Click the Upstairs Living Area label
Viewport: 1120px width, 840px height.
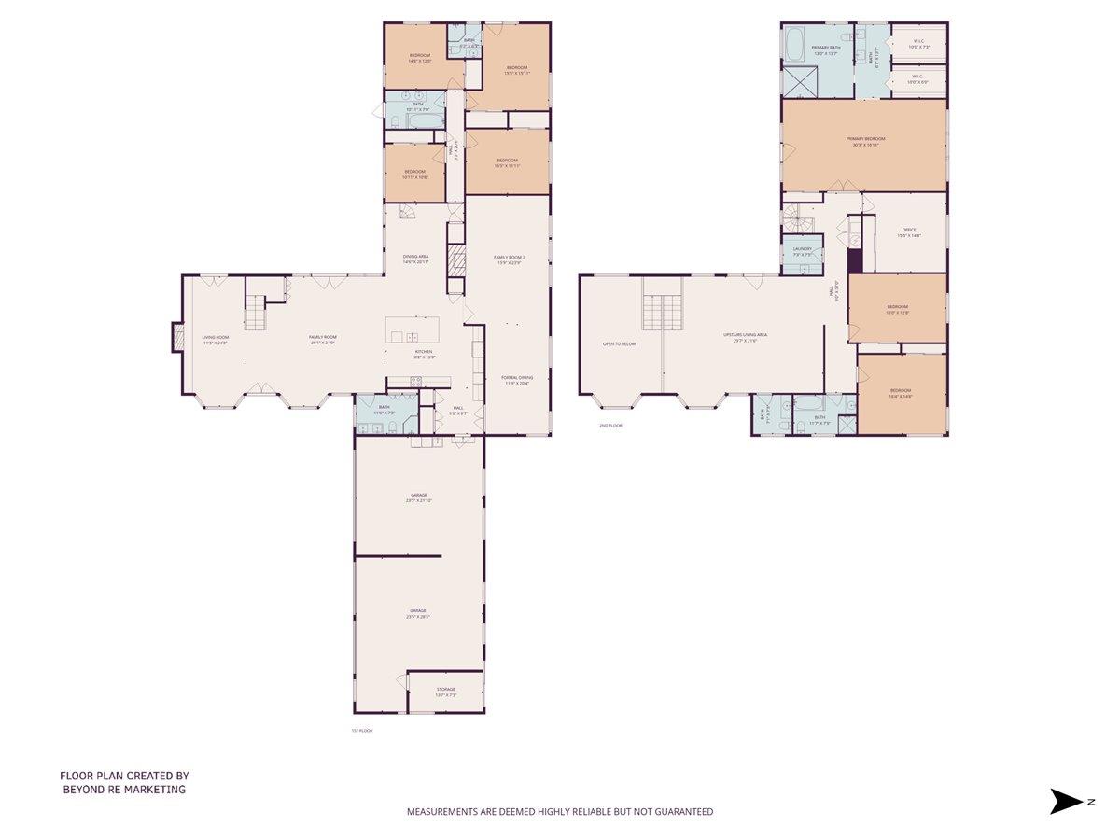pyautogui.click(x=745, y=337)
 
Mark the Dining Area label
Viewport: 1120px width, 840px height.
pyautogui.click(x=415, y=259)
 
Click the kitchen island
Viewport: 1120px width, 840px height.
pyautogui.click(x=412, y=329)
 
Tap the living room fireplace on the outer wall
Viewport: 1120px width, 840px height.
pyautogui.click(x=176, y=338)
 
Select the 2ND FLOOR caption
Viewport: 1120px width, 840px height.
pyautogui.click(x=610, y=425)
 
